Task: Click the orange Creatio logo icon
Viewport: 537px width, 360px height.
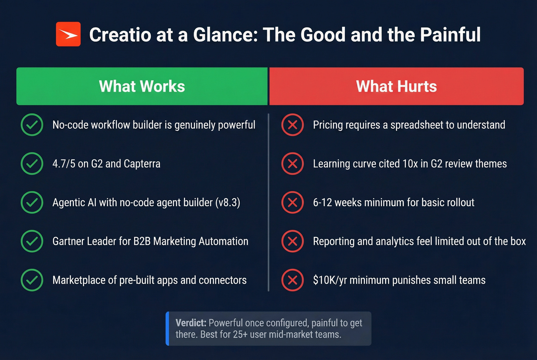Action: tap(68, 34)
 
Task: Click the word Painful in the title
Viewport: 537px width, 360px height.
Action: tap(450, 35)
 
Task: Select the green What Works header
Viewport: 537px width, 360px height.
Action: tap(142, 86)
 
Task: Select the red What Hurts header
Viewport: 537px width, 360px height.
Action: tap(396, 86)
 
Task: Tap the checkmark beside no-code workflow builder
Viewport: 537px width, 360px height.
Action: tap(32, 125)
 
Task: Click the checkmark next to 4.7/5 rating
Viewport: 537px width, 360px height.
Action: tap(32, 164)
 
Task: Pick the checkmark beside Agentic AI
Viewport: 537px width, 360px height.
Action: tap(32, 202)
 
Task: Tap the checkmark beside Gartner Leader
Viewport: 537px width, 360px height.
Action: tap(32, 241)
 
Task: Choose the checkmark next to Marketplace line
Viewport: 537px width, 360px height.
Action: tap(32, 280)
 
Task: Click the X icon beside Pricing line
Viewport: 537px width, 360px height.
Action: tap(293, 125)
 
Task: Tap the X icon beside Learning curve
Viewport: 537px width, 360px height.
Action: tap(293, 164)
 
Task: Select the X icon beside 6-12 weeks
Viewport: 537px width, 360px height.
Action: tap(293, 202)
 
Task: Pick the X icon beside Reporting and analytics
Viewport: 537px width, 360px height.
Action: tap(293, 241)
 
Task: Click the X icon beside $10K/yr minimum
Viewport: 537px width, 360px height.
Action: tap(293, 280)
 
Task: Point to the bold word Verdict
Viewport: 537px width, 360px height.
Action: tap(191, 323)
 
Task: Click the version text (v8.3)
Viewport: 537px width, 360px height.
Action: tap(227, 202)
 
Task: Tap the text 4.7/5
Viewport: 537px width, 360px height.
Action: tap(64, 164)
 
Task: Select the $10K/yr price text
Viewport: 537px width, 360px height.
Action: tap(330, 280)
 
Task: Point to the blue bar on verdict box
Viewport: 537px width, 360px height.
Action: tap(167, 329)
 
